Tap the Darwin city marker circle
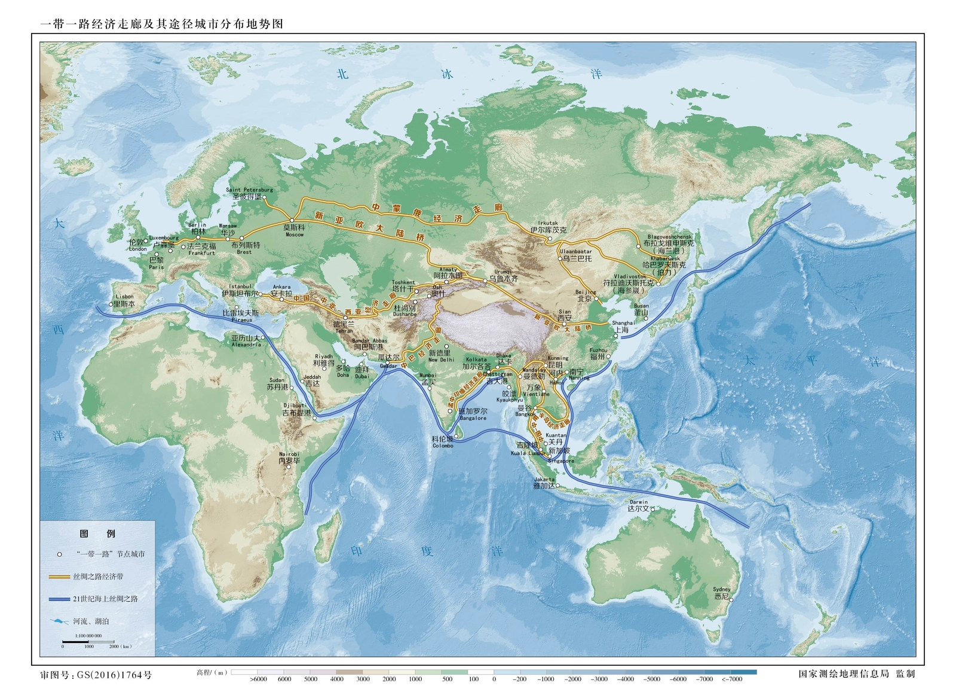pyautogui.click(x=652, y=509)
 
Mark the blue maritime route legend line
pyautogui.click(x=59, y=599)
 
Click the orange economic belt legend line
pyautogui.click(x=59, y=577)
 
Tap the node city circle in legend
pyautogui.click(x=59, y=554)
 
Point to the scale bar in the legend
pyautogui.click(x=88, y=642)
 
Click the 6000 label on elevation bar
pyautogui.click(x=284, y=679)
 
